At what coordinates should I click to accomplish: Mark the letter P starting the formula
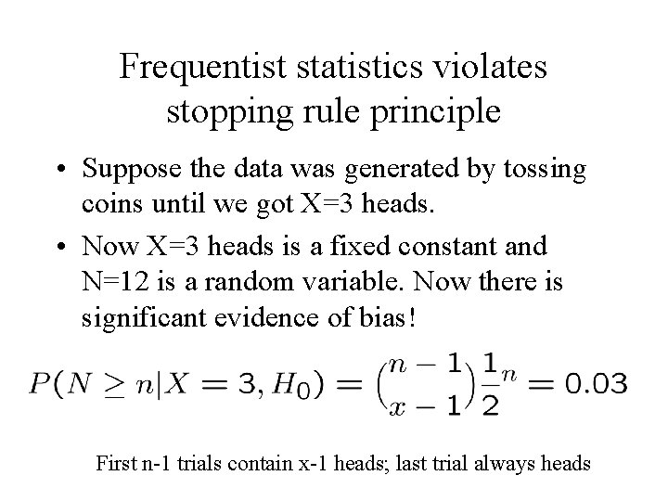(39, 381)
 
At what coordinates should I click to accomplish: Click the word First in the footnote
(117, 461)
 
